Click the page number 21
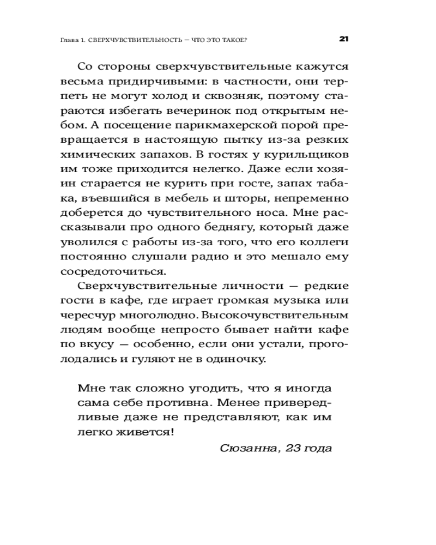343,39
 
